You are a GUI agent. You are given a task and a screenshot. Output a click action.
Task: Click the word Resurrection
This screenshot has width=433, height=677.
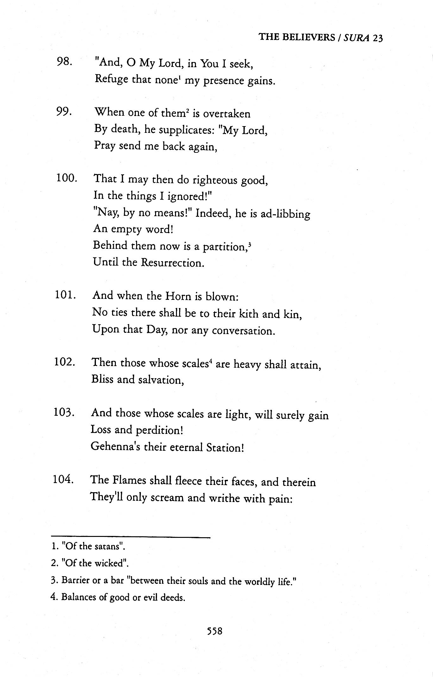(x=172, y=263)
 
